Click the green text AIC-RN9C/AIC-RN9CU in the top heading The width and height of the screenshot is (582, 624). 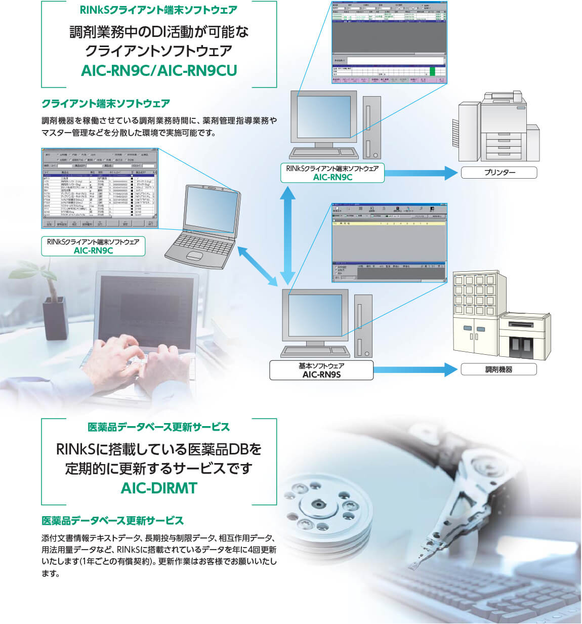click(159, 70)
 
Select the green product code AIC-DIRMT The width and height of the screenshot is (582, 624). click(159, 488)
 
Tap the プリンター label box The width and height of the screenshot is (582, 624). click(499, 173)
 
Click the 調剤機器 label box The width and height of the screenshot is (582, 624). click(498, 369)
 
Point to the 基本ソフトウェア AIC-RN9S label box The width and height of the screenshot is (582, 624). click(321, 370)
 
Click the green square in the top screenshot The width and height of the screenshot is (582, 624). click(432, 71)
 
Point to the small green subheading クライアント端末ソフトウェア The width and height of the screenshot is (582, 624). click(106, 104)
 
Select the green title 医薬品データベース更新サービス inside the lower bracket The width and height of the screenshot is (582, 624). click(159, 427)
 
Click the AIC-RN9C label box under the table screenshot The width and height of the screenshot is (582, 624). click(93, 246)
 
